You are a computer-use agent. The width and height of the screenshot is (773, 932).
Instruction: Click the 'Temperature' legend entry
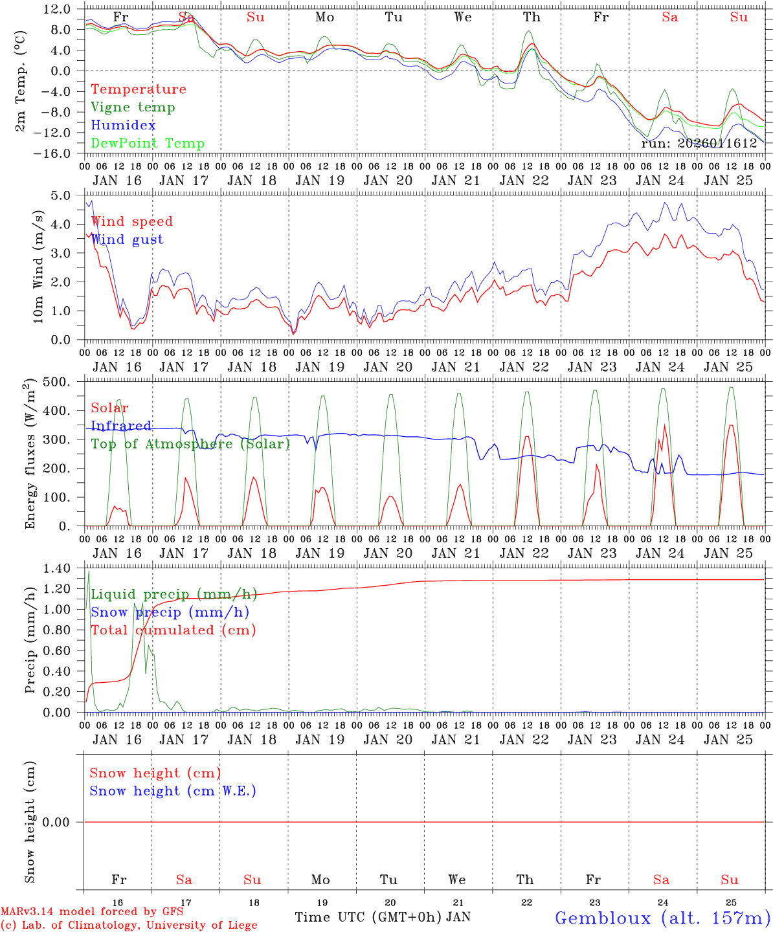click(x=139, y=89)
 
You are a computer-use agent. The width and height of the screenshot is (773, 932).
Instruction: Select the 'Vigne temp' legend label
click(x=133, y=107)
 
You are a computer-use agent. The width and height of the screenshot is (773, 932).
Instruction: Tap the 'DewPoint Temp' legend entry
click(x=148, y=144)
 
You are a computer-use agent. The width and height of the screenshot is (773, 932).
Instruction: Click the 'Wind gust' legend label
click(x=128, y=239)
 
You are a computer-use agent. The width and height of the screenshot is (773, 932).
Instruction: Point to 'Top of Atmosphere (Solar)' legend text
click(x=190, y=444)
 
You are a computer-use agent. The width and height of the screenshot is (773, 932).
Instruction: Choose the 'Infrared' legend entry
click(x=121, y=426)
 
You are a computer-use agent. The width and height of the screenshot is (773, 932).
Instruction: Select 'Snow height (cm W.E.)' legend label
click(x=173, y=791)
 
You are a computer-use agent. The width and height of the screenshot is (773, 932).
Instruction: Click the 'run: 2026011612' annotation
click(x=699, y=144)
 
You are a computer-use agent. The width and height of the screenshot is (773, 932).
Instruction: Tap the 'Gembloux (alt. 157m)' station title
click(x=662, y=918)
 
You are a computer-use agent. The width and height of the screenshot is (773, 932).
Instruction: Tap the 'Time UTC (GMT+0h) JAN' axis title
click(x=383, y=917)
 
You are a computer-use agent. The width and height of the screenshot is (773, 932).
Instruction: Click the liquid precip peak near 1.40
click(x=89, y=571)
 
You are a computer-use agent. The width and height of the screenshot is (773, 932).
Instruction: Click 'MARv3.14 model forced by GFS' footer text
click(x=91, y=912)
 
